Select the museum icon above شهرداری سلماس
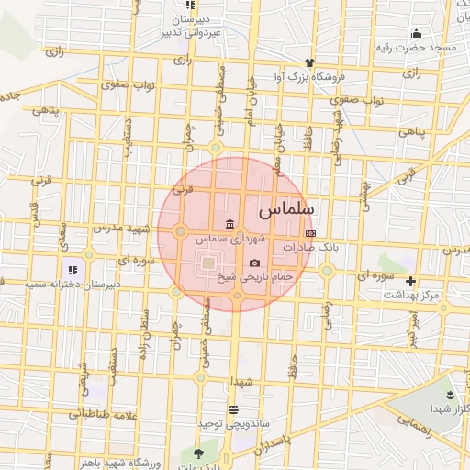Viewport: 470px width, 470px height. pos(228,225)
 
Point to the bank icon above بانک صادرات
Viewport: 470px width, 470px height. pos(308,235)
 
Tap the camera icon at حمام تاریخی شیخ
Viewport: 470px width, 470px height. pos(254,263)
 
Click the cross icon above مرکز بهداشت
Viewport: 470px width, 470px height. pos(410,281)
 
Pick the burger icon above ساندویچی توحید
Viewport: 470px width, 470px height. pos(235,409)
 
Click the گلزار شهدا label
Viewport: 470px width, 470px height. pos(449,408)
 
